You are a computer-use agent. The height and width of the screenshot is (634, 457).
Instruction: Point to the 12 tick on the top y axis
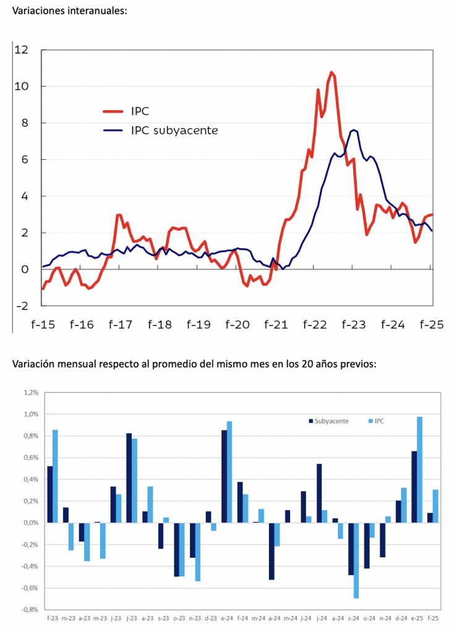[22, 50]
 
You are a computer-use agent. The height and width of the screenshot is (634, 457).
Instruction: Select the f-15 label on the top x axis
[42, 324]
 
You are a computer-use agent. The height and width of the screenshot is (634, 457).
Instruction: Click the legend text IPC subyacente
[174, 131]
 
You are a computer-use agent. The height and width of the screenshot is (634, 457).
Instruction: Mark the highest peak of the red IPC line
[331, 73]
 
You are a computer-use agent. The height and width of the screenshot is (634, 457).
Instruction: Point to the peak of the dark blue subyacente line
[354, 130]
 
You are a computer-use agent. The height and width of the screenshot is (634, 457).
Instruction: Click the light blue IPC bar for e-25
[420, 470]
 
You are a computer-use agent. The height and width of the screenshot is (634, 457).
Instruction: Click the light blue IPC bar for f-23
[56, 476]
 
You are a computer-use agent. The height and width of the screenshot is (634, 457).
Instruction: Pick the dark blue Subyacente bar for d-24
[398, 512]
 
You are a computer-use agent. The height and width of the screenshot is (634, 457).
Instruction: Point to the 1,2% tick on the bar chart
[30, 393]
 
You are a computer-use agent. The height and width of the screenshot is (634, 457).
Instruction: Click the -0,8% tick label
[29, 610]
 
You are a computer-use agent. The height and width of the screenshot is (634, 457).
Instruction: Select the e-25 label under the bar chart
[417, 618]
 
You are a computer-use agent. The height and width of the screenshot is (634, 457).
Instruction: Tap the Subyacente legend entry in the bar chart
[331, 421]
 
